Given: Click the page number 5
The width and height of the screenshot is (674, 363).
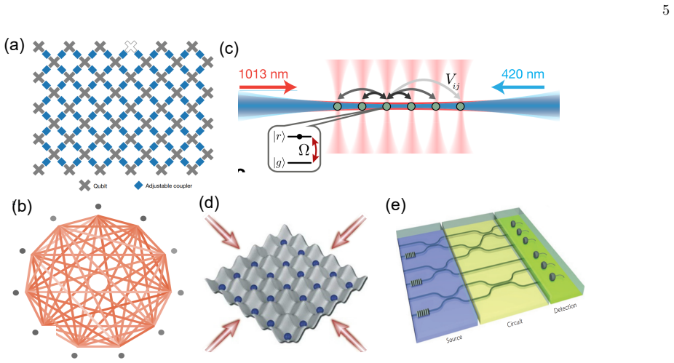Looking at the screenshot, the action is coord(665,10).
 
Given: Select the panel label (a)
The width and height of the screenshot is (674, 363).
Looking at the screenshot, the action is coord(14,45).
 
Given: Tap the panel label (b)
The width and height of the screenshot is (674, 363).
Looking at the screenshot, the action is coord(22,207).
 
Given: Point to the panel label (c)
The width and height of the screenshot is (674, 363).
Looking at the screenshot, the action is coord(229,49).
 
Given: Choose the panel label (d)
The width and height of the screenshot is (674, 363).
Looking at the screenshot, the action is coord(209,203).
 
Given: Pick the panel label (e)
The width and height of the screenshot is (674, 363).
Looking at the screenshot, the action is coord(395,205).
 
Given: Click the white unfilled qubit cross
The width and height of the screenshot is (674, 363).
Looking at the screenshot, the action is coord(131,47).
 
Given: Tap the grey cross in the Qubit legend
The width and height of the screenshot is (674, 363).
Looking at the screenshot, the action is coord(84,186).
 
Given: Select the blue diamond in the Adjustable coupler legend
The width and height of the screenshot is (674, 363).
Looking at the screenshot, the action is coord(138,186).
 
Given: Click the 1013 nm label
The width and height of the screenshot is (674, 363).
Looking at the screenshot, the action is coord(263,74).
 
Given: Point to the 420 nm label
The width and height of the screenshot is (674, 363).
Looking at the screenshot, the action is coord(523,74).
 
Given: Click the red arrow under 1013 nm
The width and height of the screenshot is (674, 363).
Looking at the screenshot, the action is coord(268,87).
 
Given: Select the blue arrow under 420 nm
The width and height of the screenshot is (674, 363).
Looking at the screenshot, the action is coord(518,87).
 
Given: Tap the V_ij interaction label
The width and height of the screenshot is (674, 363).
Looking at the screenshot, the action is coord(452,80).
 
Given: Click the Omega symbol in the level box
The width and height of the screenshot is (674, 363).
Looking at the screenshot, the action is coord(304,150).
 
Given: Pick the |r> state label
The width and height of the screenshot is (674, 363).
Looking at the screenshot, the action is coord(279,137).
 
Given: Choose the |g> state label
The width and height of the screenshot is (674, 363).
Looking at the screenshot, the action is coord(279,162).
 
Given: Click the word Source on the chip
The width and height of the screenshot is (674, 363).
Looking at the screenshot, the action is coord(454,339).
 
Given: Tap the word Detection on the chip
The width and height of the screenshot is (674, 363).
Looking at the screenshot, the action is coord(566,308).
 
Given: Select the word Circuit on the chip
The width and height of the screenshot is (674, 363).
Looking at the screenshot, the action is coord(515,323).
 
